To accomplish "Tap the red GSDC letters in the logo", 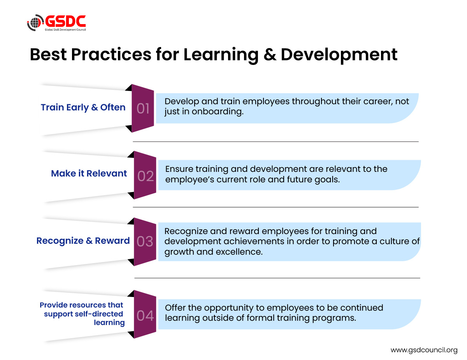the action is point(65,21).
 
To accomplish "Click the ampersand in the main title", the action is point(270,54).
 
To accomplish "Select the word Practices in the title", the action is point(111,54).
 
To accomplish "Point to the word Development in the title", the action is point(339,55).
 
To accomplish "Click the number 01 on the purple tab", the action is point(143,108).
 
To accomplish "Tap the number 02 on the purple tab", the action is point(146,176).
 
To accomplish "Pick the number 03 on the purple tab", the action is point(145,241).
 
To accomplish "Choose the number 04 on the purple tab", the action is point(145,316).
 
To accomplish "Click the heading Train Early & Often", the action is point(83,107).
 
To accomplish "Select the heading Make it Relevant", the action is point(89,173).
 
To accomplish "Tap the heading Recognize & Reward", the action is point(83,241).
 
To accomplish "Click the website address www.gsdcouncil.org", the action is point(424,350).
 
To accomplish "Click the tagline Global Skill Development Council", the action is point(65,30).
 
